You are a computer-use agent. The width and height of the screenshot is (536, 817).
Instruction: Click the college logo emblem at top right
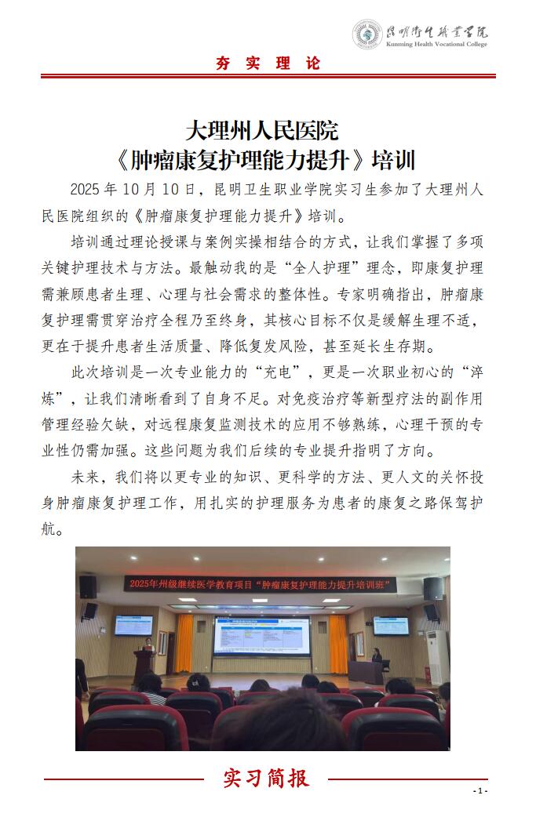367,34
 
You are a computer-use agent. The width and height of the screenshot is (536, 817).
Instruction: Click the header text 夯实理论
268,64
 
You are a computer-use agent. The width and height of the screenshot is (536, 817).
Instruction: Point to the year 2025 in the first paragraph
86,189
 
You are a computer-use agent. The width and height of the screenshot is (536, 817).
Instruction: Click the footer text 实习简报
267,778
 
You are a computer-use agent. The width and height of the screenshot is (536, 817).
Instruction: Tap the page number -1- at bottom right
481,790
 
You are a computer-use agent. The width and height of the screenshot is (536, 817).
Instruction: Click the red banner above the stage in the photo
262,584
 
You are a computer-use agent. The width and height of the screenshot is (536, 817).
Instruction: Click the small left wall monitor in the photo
134,625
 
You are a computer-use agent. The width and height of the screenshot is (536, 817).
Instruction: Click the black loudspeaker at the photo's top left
88,586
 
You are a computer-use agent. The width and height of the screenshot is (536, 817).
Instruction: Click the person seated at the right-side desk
377,657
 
